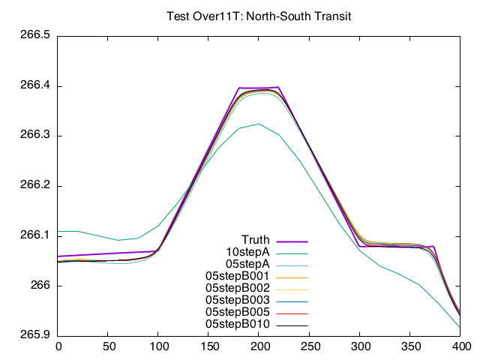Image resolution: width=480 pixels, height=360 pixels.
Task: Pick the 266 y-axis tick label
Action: pos(40,286)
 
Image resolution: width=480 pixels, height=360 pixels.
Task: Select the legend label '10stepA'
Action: pos(247,252)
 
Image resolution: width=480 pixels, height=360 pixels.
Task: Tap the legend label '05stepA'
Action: pos(247,264)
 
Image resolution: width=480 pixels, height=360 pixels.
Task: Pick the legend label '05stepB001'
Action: pos(238,276)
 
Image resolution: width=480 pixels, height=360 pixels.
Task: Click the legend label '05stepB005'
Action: pos(238,311)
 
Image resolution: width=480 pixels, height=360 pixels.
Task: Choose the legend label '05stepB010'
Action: pos(238,323)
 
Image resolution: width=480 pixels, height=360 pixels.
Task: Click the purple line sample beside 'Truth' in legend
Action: pos(292,241)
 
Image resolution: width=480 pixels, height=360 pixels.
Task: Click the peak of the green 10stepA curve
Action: pos(259,124)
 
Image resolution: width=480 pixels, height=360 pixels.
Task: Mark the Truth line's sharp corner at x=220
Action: pos(279,87)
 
